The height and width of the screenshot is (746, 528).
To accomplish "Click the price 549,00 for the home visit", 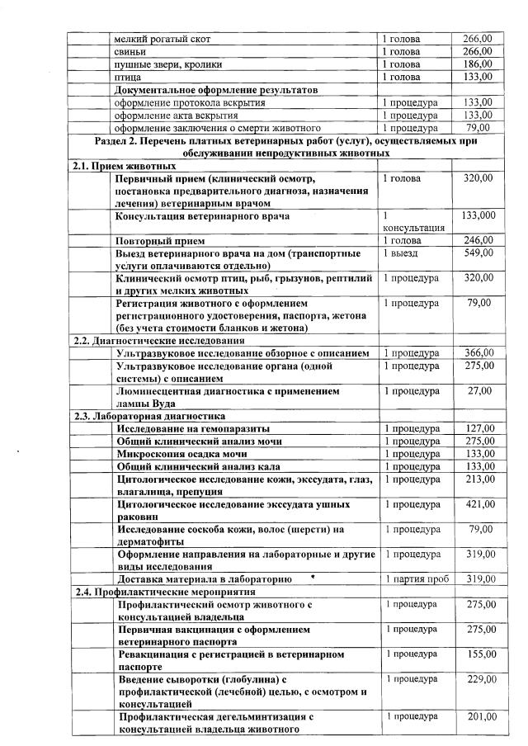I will pos(479,253).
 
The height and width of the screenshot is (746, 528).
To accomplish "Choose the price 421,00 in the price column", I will pos(479,503).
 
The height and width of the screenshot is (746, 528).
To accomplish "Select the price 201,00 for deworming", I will pos(479,717).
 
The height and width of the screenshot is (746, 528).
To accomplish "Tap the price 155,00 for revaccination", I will pos(479,654).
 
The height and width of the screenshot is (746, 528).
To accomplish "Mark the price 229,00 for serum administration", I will pos(479,679).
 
